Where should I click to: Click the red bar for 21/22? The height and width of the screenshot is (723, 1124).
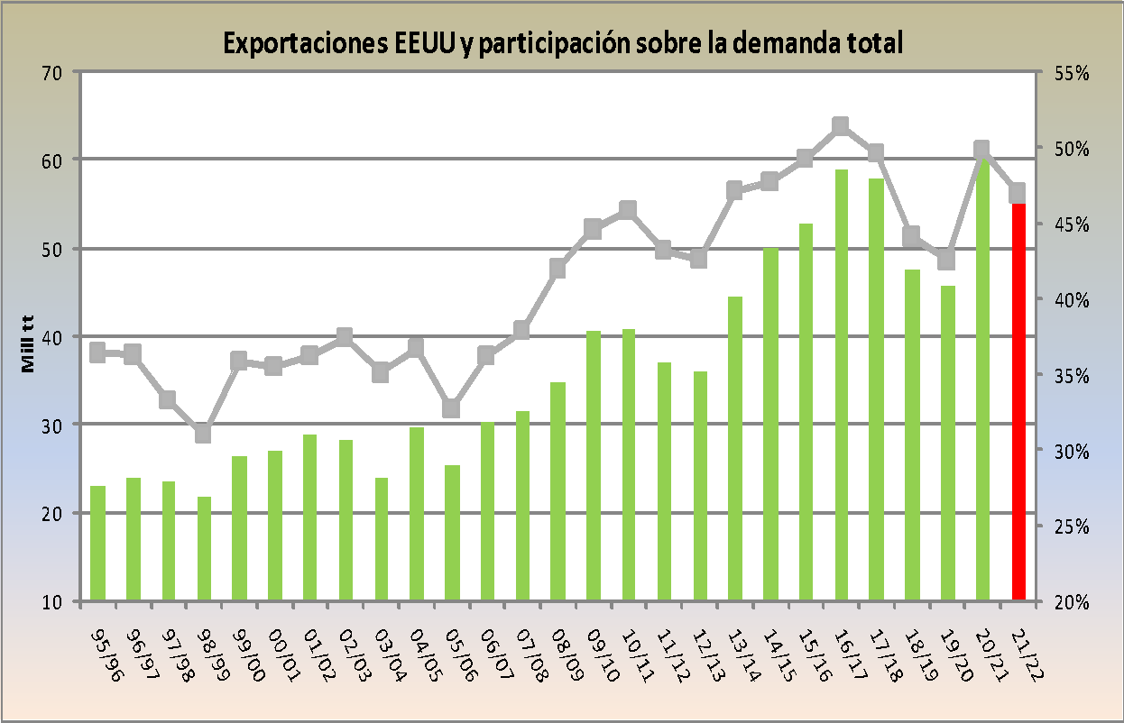pos(1018,401)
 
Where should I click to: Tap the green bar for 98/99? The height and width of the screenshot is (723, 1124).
pos(204,548)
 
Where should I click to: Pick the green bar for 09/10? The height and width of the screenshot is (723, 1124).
pos(594,465)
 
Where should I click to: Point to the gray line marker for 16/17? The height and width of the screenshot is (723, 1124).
pos(841,126)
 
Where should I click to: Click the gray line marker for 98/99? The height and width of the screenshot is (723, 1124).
pos(204,434)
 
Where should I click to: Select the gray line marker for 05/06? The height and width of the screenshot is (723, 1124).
pos(452,408)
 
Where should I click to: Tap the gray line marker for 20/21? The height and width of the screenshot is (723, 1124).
pos(982,151)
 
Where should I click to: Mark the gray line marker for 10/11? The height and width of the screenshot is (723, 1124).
pos(629,210)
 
